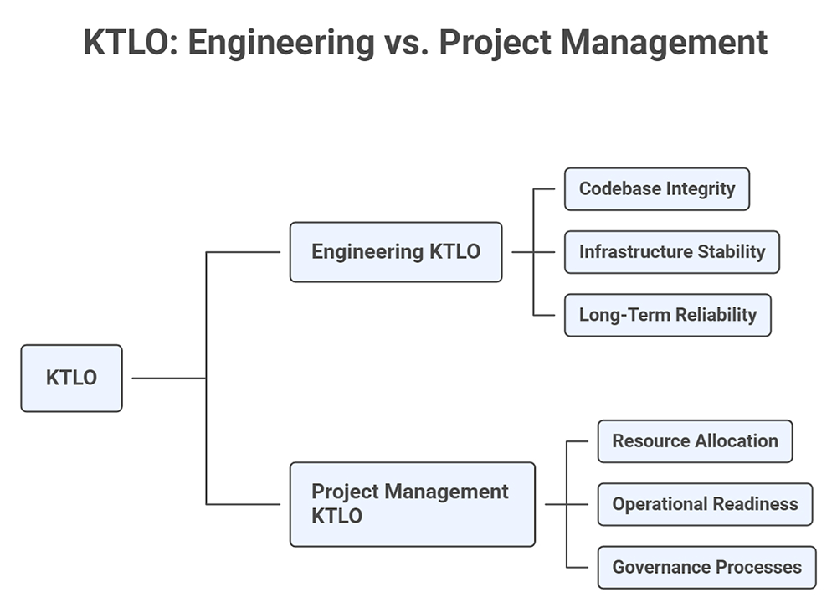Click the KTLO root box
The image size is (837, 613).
(71, 378)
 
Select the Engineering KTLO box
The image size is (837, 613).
(395, 252)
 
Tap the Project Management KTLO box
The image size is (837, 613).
(412, 504)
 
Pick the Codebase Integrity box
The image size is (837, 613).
(656, 188)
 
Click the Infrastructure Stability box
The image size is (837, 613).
(671, 252)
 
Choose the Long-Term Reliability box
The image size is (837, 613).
(667, 315)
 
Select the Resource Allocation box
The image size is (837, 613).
(694, 441)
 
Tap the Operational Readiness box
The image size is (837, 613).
(704, 504)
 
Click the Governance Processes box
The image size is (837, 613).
(706, 567)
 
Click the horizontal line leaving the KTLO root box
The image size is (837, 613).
(168, 379)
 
